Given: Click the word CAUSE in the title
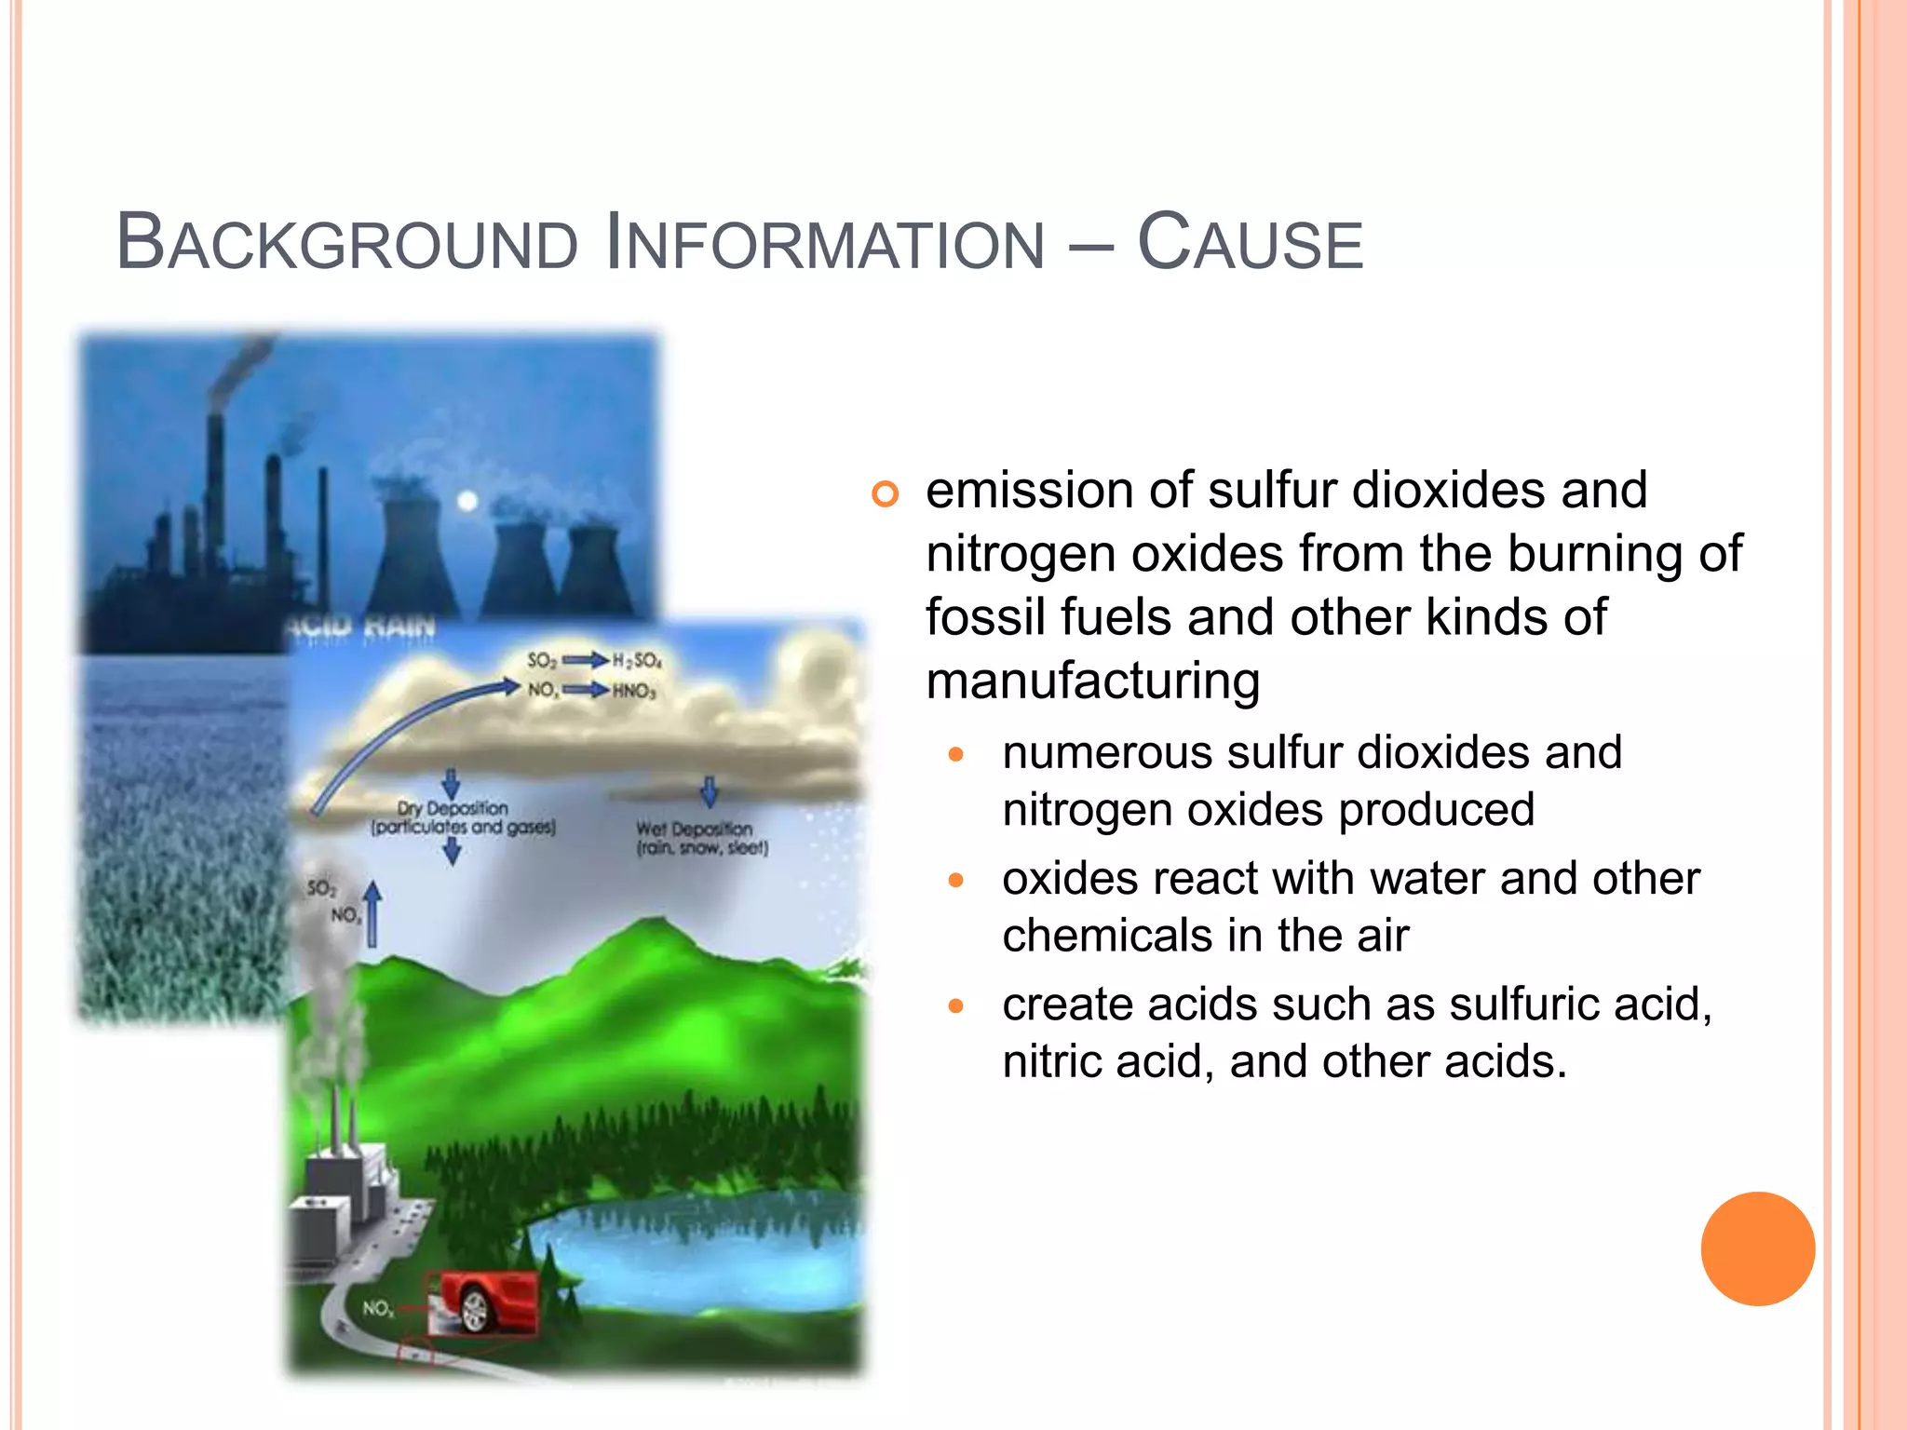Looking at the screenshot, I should pyautogui.click(x=1250, y=244).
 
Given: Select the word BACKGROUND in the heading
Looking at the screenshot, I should pyautogui.click(x=346, y=244).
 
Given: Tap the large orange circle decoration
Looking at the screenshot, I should pyautogui.click(x=1757, y=1248).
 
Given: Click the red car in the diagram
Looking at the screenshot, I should pyautogui.click(x=484, y=1301).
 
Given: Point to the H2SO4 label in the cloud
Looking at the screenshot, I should pyautogui.click(x=637, y=661).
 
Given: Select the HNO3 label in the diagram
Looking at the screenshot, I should pyautogui.click(x=634, y=691).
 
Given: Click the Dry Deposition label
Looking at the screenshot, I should pyautogui.click(x=453, y=808).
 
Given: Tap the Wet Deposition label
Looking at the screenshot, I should pyautogui.click(x=694, y=829).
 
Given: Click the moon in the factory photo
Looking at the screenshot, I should pyautogui.click(x=467, y=502).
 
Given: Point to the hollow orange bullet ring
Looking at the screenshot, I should pyautogui.click(x=885, y=493).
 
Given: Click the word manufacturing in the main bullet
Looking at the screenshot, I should pyautogui.click(x=1092, y=681).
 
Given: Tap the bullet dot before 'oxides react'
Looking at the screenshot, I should pyautogui.click(x=955, y=879).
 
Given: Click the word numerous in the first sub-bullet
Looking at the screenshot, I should pyautogui.click(x=1106, y=752).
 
